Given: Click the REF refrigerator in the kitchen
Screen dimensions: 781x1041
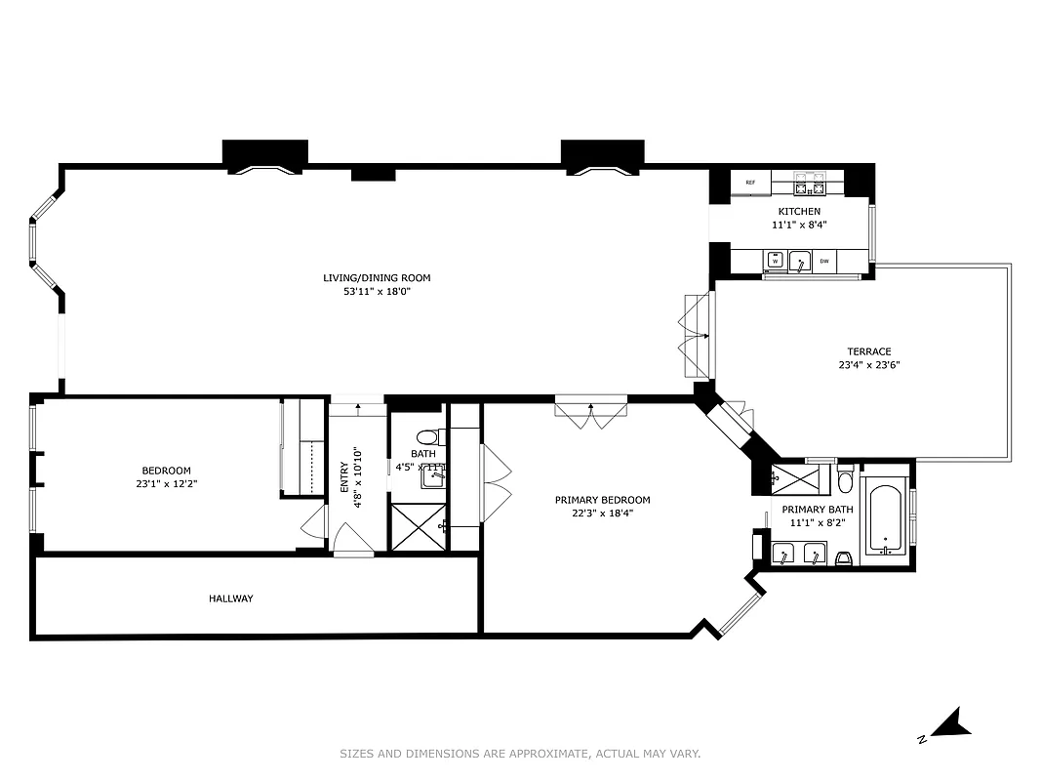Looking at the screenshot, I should point(750,183).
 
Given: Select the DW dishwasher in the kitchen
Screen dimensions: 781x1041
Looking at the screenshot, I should point(824,261).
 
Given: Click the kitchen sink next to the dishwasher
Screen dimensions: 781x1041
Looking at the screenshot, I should point(799,261).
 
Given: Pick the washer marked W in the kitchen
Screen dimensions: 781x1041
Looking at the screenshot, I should point(775,261).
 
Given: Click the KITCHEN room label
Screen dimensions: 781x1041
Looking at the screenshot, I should point(799,212).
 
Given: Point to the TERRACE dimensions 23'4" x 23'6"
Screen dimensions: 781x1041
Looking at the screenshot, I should point(868,366).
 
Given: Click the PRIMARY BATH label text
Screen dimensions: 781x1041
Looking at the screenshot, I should point(818,510).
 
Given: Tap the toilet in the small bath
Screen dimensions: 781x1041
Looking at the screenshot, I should point(428,437).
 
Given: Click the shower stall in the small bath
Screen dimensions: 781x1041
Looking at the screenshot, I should point(419,525).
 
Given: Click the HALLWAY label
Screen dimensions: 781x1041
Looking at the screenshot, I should point(230,598).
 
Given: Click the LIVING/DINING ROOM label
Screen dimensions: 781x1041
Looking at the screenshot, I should point(377,278).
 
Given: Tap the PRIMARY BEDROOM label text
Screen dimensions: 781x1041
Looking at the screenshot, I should point(602,500).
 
